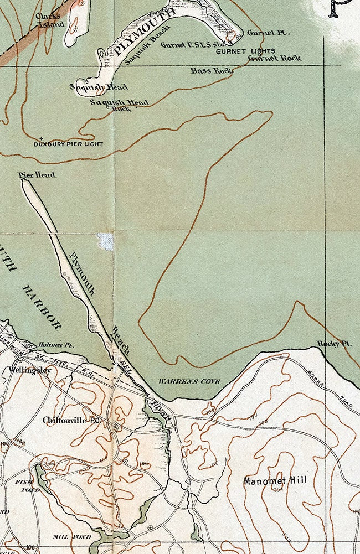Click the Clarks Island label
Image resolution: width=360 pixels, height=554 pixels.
[x=50, y=20]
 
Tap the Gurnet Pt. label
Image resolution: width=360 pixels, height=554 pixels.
[x=269, y=33]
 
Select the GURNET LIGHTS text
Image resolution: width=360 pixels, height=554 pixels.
[x=245, y=51]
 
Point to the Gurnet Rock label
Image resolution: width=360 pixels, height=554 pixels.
[x=275, y=58]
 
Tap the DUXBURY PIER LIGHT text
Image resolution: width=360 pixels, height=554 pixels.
[x=68, y=144]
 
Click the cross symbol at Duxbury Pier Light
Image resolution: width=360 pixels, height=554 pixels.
[x=42, y=138]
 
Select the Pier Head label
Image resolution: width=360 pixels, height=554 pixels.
[x=37, y=175]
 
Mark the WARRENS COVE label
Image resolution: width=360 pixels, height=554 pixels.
[x=189, y=381]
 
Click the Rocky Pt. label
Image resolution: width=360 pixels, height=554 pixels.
[x=335, y=344]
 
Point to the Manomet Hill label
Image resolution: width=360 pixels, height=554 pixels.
[x=275, y=481]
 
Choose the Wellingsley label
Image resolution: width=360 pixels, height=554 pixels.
[x=30, y=370]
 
